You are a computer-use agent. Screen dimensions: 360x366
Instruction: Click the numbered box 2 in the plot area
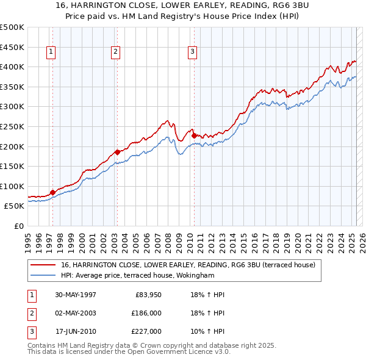coord(115,52)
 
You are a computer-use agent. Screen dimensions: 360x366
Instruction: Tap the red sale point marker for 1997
coord(52,192)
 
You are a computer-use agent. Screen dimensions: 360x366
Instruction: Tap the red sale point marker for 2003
coord(117,152)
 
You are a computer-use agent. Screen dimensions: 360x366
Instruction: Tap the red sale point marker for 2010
coord(194,135)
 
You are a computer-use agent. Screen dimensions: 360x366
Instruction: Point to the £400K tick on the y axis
coord(12,67)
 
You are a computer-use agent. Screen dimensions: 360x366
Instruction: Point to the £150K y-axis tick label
coord(12,166)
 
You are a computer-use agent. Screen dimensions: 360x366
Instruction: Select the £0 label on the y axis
coord(18,226)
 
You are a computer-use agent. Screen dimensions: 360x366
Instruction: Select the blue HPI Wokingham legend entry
coord(137,275)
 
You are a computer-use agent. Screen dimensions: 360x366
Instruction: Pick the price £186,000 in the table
coord(146,313)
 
